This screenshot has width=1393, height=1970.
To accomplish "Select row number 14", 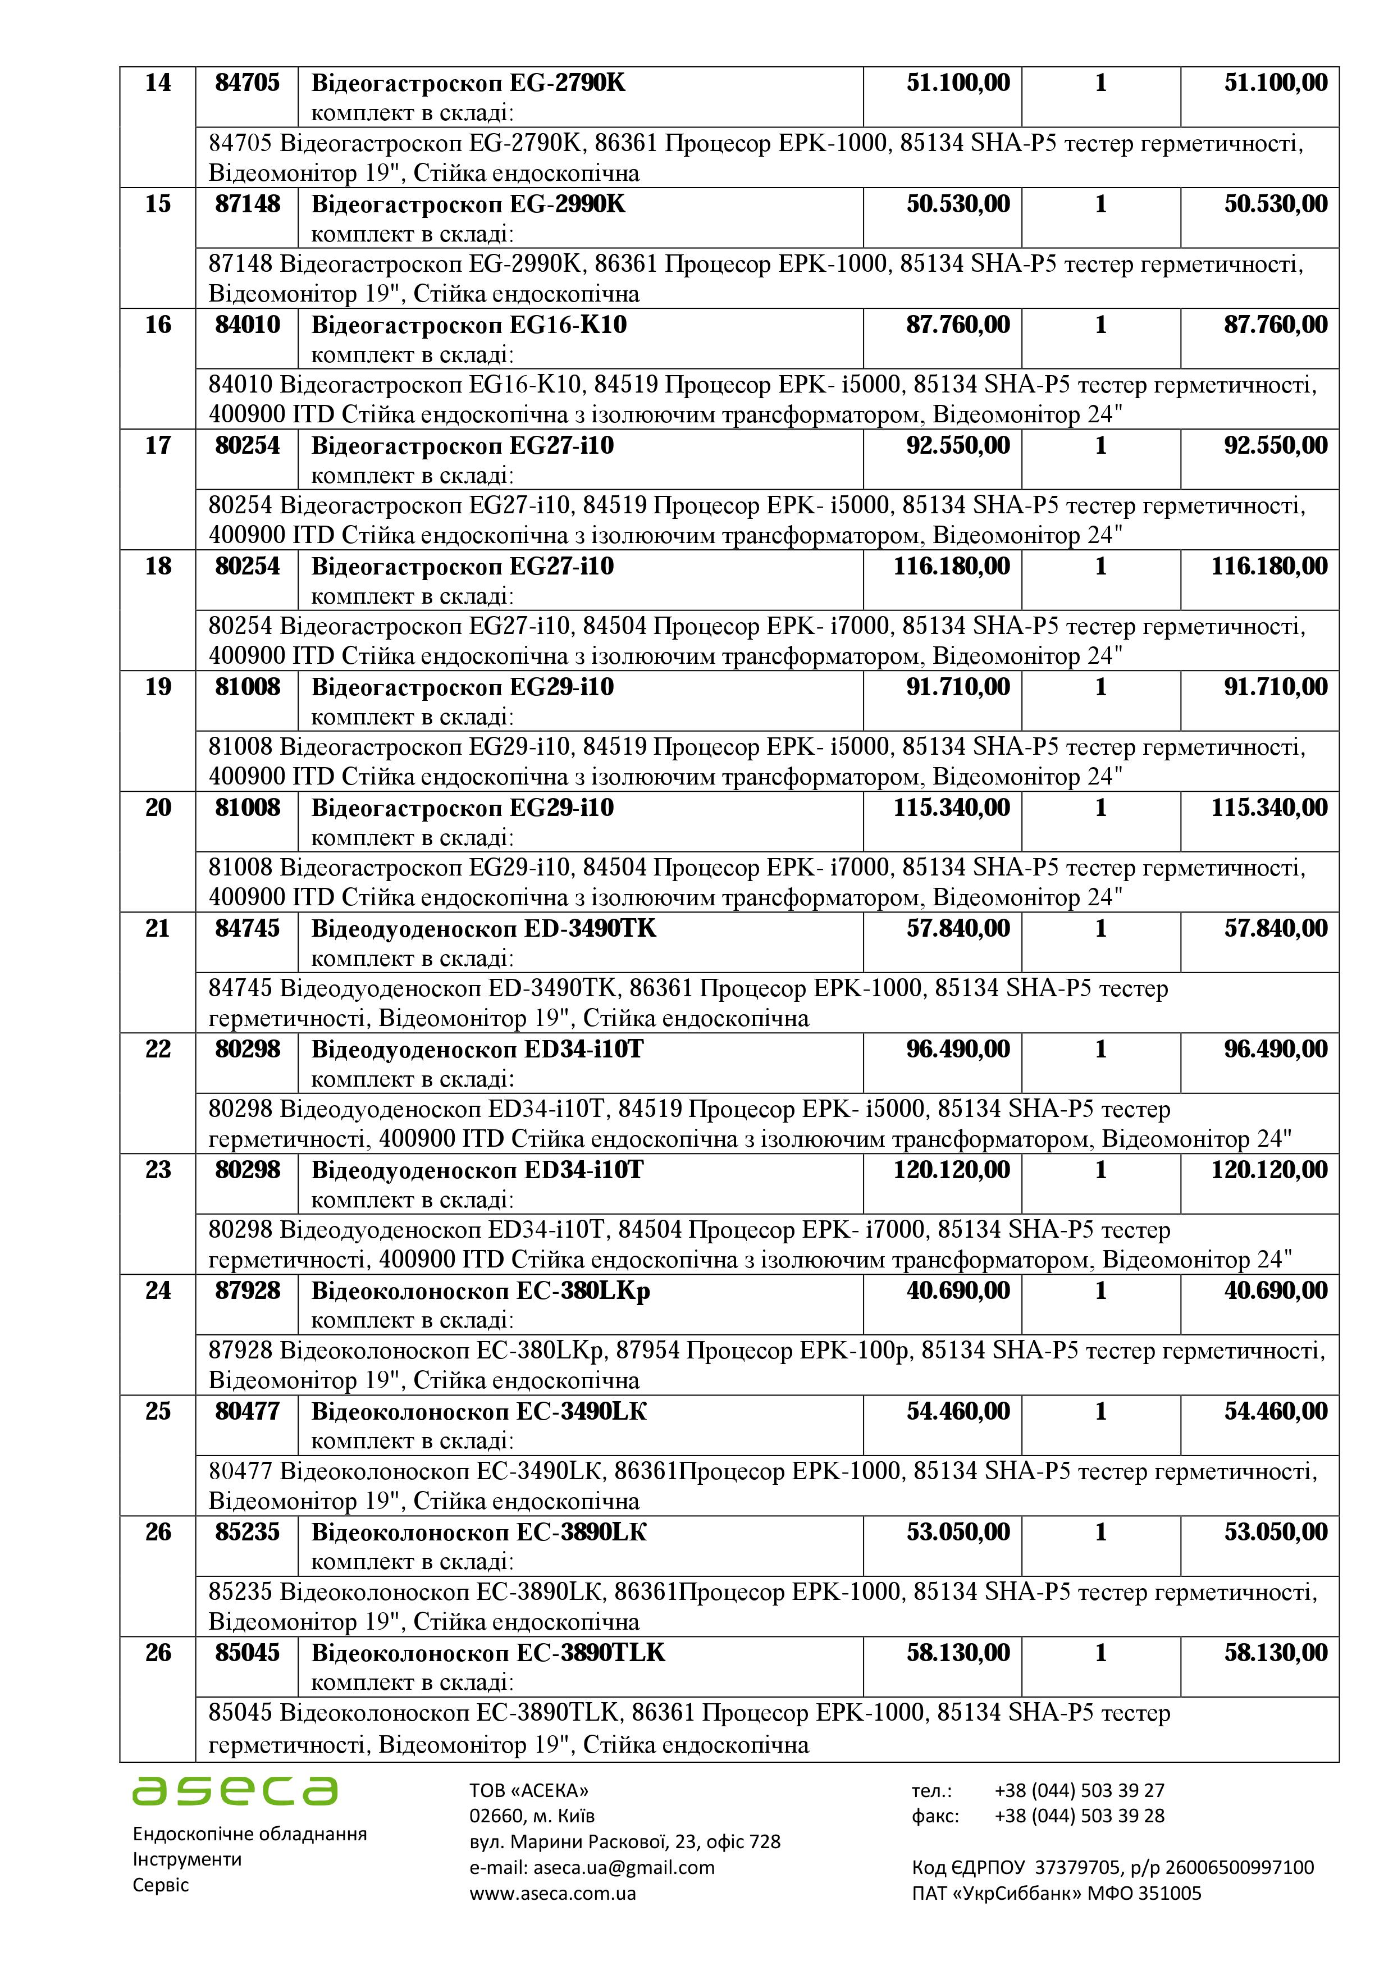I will [158, 83].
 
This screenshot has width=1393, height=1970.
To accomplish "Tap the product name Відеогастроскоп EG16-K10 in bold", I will [468, 325].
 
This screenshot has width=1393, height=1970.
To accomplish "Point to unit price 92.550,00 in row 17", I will [958, 446].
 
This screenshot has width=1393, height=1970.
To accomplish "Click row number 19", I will [158, 687].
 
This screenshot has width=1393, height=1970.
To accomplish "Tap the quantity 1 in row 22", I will [1100, 1050].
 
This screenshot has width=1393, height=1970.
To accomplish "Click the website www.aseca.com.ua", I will [552, 1893].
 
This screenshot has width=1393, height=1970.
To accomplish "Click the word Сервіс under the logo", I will [161, 1885].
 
